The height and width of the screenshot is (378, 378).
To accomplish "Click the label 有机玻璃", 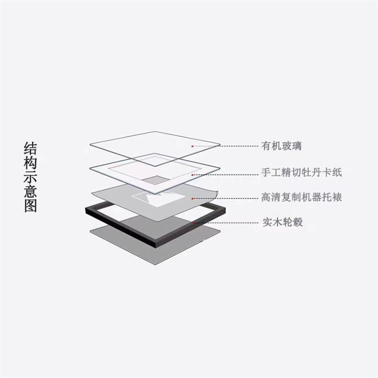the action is [281, 146].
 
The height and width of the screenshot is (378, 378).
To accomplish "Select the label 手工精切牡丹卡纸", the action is [301, 172].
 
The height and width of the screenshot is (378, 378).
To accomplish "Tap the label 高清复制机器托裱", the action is [301, 197].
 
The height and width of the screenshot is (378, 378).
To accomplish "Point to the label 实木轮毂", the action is [283, 222].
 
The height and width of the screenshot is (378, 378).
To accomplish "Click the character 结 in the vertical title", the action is [30, 148].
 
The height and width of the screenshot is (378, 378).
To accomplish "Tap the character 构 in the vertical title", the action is [30, 163].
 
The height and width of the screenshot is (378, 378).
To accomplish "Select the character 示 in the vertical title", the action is [30, 177].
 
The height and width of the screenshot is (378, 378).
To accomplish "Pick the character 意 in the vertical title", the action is [30, 191].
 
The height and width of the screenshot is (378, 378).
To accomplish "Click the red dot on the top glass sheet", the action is [192, 146].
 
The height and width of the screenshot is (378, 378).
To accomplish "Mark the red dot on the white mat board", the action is [192, 175].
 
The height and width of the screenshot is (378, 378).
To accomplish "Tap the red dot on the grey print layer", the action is [192, 198].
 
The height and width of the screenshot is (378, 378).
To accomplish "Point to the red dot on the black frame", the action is [192, 223].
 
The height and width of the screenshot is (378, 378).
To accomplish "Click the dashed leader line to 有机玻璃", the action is [226, 146].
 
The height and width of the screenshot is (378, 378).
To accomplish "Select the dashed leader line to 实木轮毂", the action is [226, 223].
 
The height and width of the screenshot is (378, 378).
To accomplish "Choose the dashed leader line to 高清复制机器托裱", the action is [226, 198].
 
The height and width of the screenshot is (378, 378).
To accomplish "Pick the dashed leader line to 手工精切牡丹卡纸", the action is [226, 175].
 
